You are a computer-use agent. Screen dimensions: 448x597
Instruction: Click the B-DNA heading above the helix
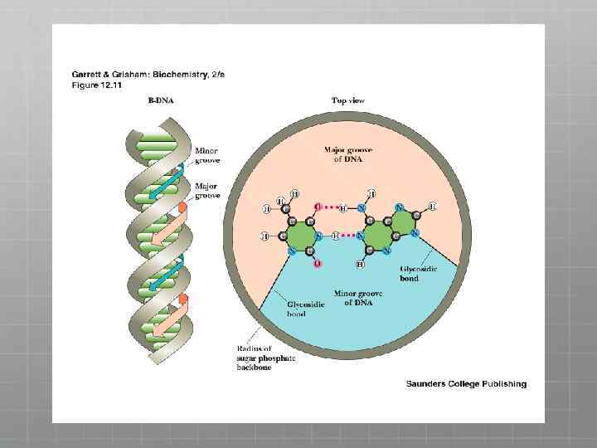tap(162, 100)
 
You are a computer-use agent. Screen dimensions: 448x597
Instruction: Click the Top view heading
tap(348, 100)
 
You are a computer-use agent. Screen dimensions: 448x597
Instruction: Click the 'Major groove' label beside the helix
tap(206, 191)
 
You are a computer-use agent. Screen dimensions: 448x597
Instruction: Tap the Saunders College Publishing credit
tap(466, 383)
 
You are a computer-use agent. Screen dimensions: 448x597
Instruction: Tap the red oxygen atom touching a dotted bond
tap(317, 206)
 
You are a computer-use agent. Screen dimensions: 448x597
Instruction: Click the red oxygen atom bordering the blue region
tap(318, 264)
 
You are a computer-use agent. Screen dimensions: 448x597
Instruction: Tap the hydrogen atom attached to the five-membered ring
tap(432, 206)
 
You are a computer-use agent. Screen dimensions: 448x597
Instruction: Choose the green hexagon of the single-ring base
tap(300, 235)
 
